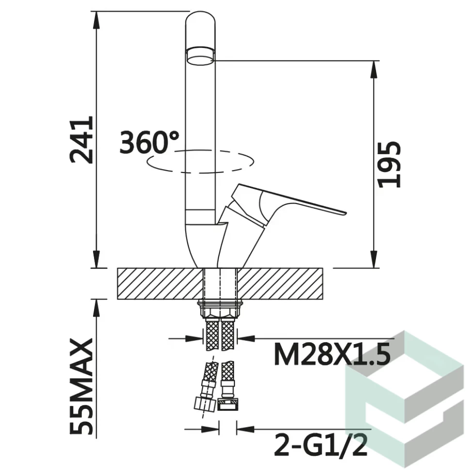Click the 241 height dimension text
[81, 140]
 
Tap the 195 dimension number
[389, 165]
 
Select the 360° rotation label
[149, 142]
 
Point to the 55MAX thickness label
[81, 387]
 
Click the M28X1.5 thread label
[332, 354]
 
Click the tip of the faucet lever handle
[346, 213]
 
